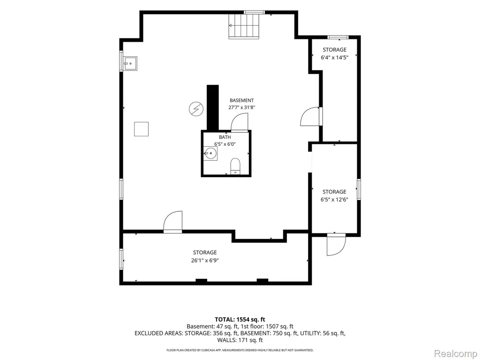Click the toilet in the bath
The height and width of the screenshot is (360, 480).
pos(235,166)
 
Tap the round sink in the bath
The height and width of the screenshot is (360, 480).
pos(210,153)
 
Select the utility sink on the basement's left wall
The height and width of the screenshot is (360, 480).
pos(130,63)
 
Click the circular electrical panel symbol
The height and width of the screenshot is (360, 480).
pos(196,109)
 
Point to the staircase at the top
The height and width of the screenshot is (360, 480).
pos(244,26)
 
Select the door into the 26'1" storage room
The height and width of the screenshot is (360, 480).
pos(173,222)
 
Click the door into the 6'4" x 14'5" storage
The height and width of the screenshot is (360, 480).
pos(310,116)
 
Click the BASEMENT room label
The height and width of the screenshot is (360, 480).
pos(241,100)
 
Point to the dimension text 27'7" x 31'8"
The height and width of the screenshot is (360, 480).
pos(241,107)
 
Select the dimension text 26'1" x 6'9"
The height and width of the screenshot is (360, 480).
pos(205,261)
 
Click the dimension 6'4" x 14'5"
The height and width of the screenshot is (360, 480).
pos(335,57)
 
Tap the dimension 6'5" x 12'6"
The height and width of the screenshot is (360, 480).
pos(334,200)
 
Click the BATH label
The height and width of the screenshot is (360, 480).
pos(225,137)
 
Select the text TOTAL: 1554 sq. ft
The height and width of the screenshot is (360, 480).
pos(240,320)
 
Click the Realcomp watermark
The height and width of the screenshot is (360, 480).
pos(455,353)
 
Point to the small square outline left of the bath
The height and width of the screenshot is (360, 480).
pos(141,129)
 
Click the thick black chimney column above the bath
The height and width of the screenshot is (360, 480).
pos(213,108)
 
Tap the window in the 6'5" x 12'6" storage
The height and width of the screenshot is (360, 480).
pos(359,189)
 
